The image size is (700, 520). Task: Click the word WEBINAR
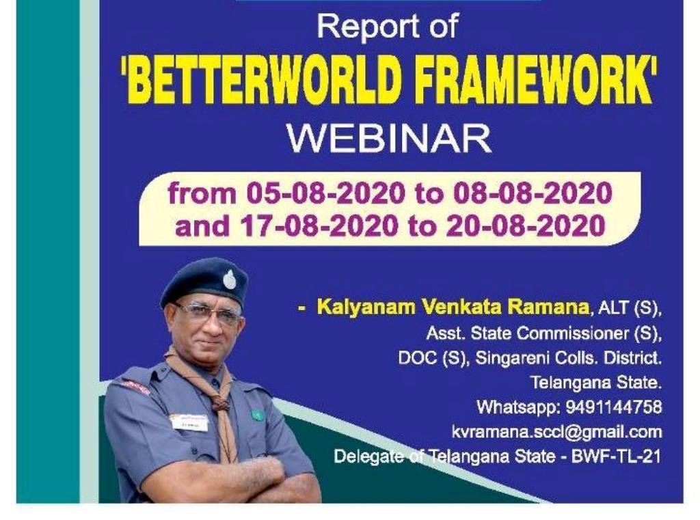tap(389, 139)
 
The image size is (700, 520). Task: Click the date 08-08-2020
tap(531, 194)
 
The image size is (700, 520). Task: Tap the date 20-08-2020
tap(526, 225)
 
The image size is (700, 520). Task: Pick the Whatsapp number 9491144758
tap(614, 407)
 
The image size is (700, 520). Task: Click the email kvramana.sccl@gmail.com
tap(556, 432)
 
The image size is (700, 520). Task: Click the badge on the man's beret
tap(230, 279)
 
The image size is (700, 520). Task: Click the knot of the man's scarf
tap(221, 403)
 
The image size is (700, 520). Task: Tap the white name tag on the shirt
tap(189, 422)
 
